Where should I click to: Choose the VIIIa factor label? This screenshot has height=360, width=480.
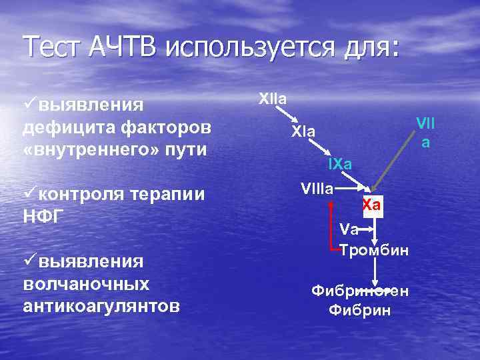click(317, 188)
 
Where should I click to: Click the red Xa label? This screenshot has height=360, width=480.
click(372, 205)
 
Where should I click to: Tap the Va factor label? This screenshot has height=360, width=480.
click(349, 229)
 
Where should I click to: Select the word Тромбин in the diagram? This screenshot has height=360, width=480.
click(374, 251)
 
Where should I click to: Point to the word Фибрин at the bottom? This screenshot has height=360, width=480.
click(361, 310)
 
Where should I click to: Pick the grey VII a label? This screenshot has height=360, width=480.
click(425, 131)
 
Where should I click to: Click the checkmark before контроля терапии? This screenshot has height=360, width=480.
click(29, 194)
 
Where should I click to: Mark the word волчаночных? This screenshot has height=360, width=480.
click(86, 284)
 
